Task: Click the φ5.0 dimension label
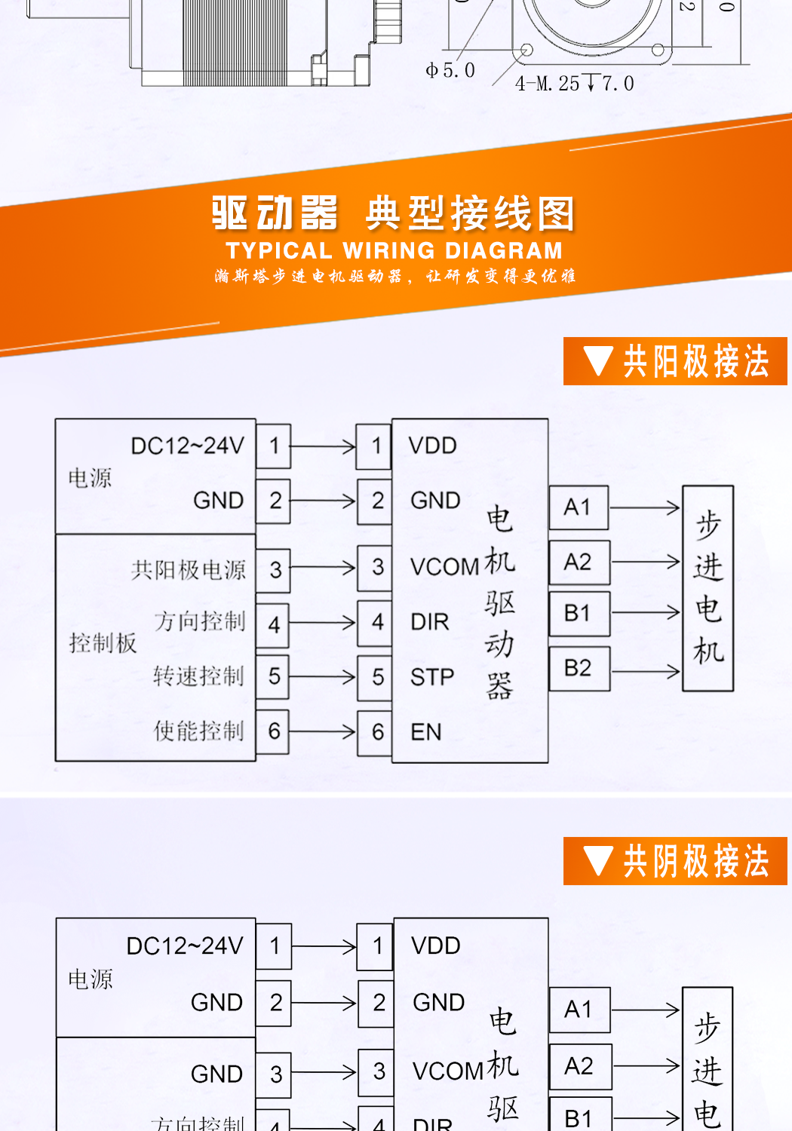click(450, 71)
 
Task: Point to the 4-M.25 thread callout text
click(574, 83)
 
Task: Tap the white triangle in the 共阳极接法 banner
click(598, 361)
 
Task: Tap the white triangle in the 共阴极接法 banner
click(598, 861)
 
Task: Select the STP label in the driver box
click(432, 677)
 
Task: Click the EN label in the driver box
click(426, 732)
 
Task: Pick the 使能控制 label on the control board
click(199, 731)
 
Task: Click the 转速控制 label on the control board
click(199, 676)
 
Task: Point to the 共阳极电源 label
click(189, 570)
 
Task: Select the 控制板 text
click(103, 643)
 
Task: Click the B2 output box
click(579, 668)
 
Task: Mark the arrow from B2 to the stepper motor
click(646, 670)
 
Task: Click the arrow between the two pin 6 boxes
click(323, 731)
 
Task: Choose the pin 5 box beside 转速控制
click(275, 677)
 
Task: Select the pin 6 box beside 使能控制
click(275, 731)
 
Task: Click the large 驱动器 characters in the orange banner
click(275, 213)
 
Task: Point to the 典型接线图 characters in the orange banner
click(470, 213)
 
